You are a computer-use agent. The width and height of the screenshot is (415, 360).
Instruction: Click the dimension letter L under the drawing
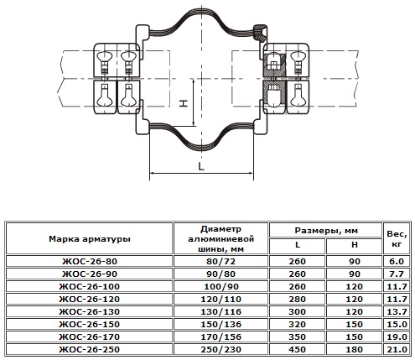coord(201,166)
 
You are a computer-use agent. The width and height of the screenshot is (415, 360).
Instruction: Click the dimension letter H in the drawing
coord(184,103)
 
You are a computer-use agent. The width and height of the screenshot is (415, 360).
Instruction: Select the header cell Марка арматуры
coord(90,239)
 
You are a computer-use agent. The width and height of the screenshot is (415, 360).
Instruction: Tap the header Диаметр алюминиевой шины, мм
coord(220,239)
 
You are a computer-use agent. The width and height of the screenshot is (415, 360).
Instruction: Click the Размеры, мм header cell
coord(326,231)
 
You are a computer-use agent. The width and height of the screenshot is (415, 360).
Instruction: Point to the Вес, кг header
coord(397,239)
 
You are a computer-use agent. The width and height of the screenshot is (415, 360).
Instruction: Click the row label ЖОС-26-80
coord(90,261)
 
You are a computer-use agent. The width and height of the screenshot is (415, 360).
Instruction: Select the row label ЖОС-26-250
coord(90,349)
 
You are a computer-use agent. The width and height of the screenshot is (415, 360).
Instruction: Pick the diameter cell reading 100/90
coord(220,286)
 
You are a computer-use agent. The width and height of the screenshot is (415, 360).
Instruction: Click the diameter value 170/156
coord(220,337)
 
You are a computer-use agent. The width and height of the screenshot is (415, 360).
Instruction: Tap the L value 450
coord(297,349)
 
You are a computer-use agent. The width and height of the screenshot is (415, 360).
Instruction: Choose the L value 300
coord(297,311)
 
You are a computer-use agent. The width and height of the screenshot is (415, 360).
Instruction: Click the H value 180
coord(354,349)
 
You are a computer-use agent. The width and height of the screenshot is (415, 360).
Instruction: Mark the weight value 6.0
coord(397,261)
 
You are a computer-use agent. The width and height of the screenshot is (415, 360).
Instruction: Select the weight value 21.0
coord(397,349)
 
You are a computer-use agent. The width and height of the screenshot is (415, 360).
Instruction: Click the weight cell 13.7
coord(397,311)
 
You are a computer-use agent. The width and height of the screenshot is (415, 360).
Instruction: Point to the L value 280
coord(297,299)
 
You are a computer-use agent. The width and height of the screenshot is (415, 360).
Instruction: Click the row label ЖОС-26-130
coord(90,311)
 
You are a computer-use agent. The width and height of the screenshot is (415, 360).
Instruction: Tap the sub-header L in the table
coord(298,245)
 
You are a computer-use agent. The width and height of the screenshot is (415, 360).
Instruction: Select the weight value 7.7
coord(397,274)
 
